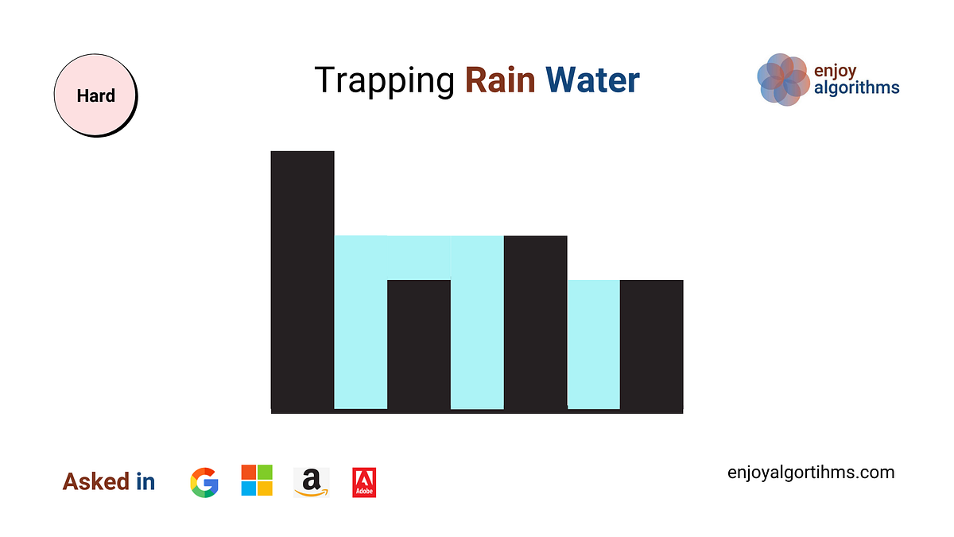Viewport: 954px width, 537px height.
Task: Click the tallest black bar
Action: tap(302, 278)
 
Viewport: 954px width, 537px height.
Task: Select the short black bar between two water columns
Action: tap(419, 346)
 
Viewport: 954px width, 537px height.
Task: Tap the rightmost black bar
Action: tap(651, 346)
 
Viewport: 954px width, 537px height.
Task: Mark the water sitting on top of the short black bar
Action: tap(419, 258)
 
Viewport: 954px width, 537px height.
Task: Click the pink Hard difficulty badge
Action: tap(95, 96)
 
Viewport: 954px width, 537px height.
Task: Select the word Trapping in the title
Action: tap(383, 80)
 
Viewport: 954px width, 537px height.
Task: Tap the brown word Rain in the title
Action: tap(500, 80)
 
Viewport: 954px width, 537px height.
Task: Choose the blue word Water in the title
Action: tap(592, 80)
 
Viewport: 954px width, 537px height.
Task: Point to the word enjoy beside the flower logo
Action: tap(835, 71)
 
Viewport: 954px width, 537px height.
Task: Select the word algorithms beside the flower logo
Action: tap(857, 88)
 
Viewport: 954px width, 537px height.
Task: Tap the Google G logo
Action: tap(204, 482)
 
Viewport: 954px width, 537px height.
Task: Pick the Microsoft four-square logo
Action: tap(257, 481)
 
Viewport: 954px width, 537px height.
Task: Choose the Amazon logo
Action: tap(311, 482)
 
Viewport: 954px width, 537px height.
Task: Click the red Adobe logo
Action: tap(364, 482)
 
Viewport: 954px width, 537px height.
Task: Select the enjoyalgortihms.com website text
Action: tap(811, 473)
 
